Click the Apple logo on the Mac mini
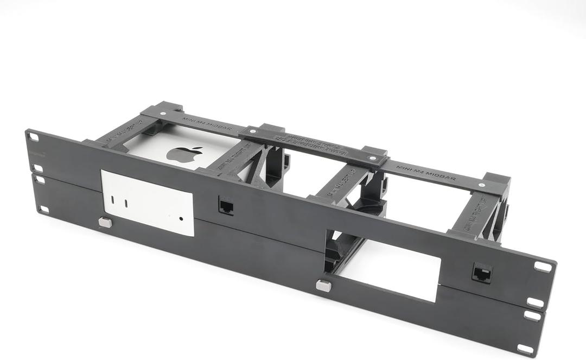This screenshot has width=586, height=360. pyautogui.click(x=184, y=154)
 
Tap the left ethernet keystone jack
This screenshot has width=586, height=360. pyautogui.click(x=225, y=205)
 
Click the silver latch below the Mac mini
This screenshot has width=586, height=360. pyautogui.click(x=105, y=222)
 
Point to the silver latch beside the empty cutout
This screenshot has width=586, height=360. pyautogui.click(x=323, y=285)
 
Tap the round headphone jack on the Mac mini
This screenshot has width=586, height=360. pyautogui.click(x=181, y=220)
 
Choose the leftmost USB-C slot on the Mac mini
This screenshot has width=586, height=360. pyautogui.click(x=113, y=200)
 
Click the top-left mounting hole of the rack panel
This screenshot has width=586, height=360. pyautogui.click(x=34, y=137)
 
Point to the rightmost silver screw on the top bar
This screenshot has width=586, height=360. pyautogui.click(x=481, y=186)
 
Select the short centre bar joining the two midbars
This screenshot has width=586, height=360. pyautogui.click(x=315, y=145)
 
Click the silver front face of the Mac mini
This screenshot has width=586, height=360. pyautogui.click(x=148, y=203)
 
